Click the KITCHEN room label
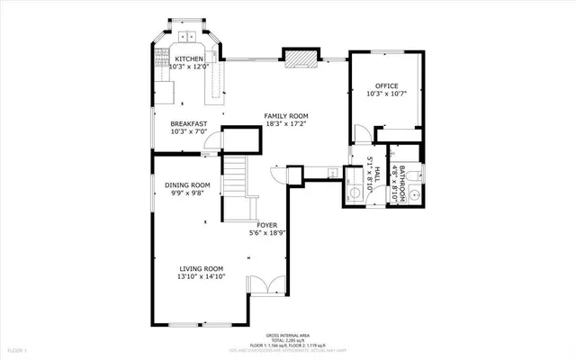point(189,58)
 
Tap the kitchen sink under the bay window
point(190,37)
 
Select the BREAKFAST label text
point(189,124)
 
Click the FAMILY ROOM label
point(285,116)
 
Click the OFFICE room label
point(386,86)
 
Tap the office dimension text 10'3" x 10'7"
point(386,94)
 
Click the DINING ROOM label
point(187,185)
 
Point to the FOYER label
point(266,225)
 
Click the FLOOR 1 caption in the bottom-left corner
point(18,349)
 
